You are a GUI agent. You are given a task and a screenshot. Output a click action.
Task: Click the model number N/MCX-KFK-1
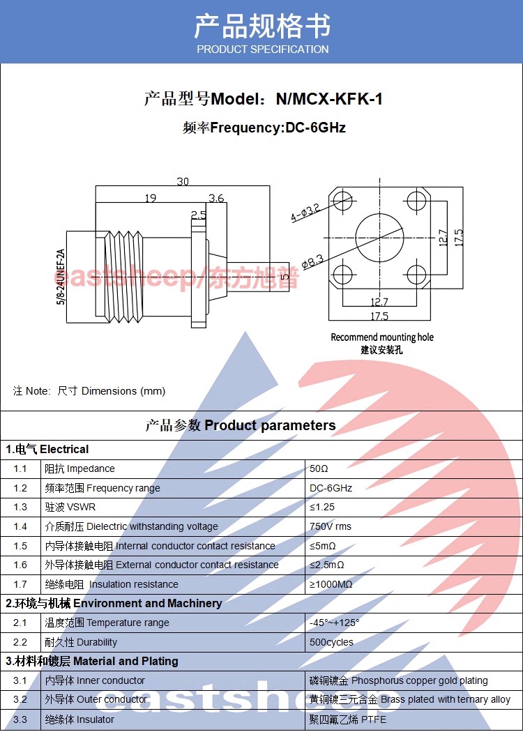329,99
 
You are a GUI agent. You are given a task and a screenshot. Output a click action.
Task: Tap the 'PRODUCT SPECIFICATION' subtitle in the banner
262,49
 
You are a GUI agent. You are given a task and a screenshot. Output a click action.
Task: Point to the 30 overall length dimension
183,181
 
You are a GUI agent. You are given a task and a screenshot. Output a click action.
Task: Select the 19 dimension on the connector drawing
150,198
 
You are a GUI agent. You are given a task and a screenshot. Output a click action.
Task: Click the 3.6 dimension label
216,198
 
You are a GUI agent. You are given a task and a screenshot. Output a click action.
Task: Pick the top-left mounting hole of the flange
342,202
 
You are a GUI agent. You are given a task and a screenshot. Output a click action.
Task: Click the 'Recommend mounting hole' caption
381,337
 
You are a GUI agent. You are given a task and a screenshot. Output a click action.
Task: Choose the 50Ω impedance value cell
319,468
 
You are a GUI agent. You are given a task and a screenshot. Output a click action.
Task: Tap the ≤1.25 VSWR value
321,507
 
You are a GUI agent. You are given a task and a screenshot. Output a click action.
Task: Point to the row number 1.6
20,565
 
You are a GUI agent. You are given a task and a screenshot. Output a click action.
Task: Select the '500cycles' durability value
331,642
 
